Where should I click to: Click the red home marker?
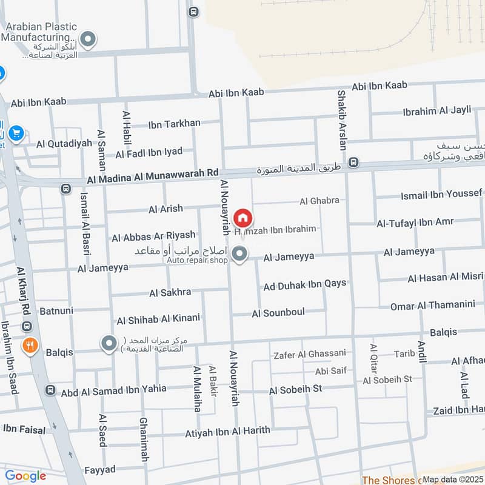coord(242,218)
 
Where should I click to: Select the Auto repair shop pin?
coord(240,255)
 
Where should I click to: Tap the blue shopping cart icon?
coord(16,133)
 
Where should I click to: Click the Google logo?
coord(25,476)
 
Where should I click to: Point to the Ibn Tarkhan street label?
coord(174,124)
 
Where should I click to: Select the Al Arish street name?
coord(166,209)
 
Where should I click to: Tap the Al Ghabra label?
coord(319,201)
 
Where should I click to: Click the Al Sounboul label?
coord(278,313)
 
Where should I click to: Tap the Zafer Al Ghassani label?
coord(310,353)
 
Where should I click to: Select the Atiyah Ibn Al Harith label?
coord(227,431)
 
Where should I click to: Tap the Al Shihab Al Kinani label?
coord(158,319)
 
